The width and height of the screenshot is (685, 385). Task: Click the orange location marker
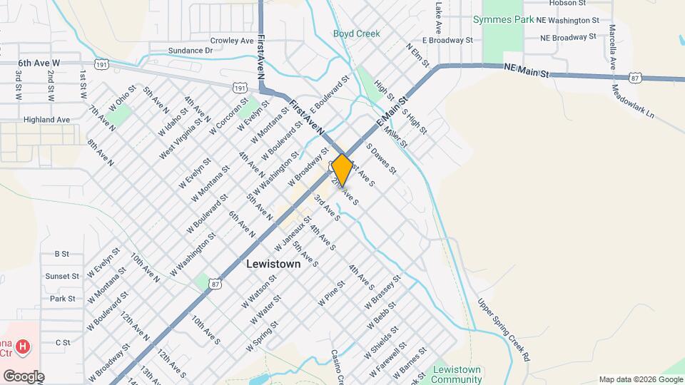pos(342,169)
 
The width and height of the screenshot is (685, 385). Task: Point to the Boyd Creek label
pos(357,34)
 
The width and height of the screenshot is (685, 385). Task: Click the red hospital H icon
pos(24,347)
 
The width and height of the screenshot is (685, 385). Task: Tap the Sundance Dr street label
pos(191,51)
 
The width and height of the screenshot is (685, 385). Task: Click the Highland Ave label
pos(46,120)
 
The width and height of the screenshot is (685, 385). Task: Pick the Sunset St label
pos(62,276)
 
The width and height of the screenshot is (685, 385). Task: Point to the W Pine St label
pos(332,292)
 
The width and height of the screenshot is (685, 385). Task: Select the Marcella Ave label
pos(612,44)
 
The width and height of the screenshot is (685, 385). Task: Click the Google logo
pos(24,376)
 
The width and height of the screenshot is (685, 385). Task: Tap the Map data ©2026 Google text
pos(637,379)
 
